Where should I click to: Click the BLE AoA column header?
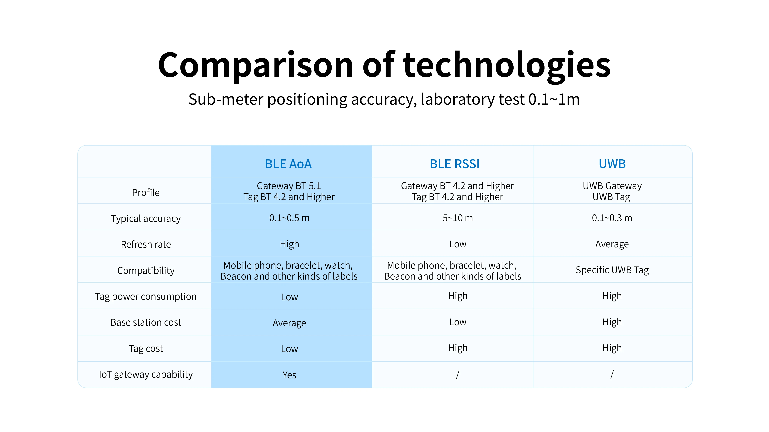pyautogui.click(x=288, y=164)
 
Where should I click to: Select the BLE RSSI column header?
pyautogui.click(x=455, y=164)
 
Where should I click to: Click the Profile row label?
pyautogui.click(x=146, y=193)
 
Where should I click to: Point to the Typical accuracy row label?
pyautogui.click(x=146, y=218)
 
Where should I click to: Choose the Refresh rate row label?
pyautogui.click(x=146, y=244)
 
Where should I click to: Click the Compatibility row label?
pyautogui.click(x=146, y=270)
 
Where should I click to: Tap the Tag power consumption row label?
pyautogui.click(x=146, y=297)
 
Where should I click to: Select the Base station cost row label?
pyautogui.click(x=146, y=323)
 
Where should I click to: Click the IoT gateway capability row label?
pyautogui.click(x=146, y=374)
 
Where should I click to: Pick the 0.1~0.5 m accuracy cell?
pyautogui.click(x=289, y=218)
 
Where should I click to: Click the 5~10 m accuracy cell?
pyautogui.click(x=458, y=218)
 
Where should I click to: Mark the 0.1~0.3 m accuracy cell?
pyautogui.click(x=612, y=218)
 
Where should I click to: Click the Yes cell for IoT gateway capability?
pyautogui.click(x=289, y=375)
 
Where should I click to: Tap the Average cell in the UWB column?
pyautogui.click(x=612, y=244)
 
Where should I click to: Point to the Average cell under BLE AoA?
pyautogui.click(x=289, y=323)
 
